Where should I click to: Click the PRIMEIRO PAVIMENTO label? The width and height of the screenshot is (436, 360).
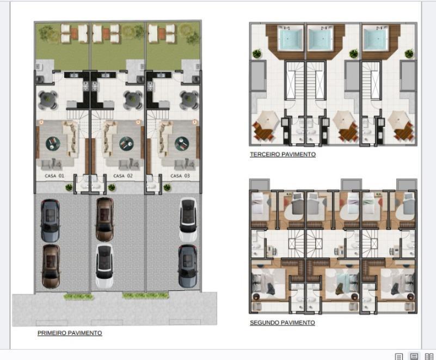[70, 333]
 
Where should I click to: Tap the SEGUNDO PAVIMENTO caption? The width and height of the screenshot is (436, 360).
[283, 323]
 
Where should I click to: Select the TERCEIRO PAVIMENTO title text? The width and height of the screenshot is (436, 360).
[283, 155]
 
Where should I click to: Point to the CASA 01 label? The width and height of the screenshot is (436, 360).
[54, 176]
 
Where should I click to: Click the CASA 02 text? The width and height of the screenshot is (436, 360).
[123, 176]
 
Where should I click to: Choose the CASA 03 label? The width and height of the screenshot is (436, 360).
[180, 176]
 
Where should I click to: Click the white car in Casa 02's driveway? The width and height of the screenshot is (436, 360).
[105, 266]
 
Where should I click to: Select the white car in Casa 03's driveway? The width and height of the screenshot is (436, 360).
[188, 219]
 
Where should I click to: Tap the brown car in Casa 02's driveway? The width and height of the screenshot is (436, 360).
[105, 219]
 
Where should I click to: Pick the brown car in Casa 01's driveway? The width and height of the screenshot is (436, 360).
[51, 266]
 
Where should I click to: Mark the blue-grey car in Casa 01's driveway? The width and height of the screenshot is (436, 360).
[50, 221]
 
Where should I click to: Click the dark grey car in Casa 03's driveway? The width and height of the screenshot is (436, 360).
[188, 266]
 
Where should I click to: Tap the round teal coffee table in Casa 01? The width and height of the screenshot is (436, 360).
[53, 144]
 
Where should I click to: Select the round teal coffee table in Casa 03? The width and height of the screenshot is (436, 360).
[182, 144]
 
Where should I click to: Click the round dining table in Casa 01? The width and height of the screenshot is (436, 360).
[48, 100]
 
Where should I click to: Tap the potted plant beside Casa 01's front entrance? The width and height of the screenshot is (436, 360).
[69, 187]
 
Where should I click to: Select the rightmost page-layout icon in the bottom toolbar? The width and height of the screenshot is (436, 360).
[429, 356]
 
